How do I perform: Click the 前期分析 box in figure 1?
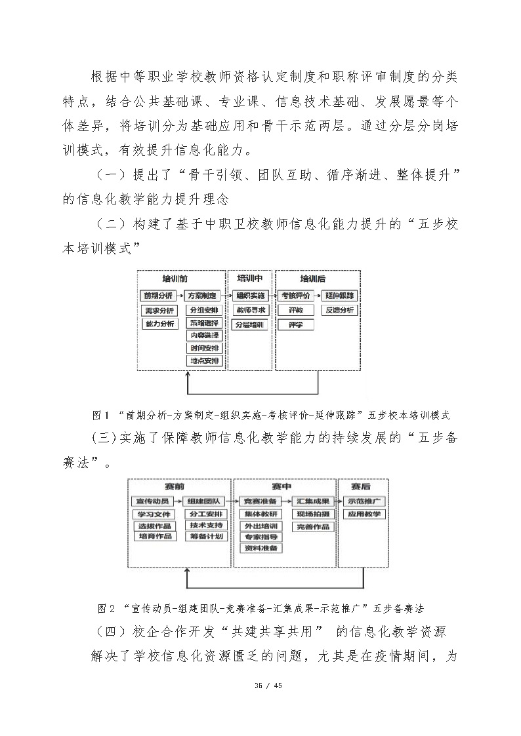(x=158, y=296)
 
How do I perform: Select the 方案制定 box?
(x=204, y=296)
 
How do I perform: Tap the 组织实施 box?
(x=251, y=296)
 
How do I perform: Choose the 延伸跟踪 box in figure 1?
(x=340, y=296)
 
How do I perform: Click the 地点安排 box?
(x=204, y=361)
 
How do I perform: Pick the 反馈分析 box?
(x=340, y=310)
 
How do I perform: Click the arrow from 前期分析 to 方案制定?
(x=180, y=296)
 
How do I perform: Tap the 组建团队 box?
(x=206, y=501)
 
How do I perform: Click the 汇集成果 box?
(x=313, y=501)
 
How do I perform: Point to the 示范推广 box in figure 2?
(x=364, y=501)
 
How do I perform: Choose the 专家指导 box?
(x=260, y=537)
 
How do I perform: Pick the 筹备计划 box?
(x=206, y=537)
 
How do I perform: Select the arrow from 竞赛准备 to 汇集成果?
(x=287, y=501)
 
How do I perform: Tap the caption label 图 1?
(x=101, y=415)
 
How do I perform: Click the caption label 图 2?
(x=106, y=608)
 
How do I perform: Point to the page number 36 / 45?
(x=260, y=686)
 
